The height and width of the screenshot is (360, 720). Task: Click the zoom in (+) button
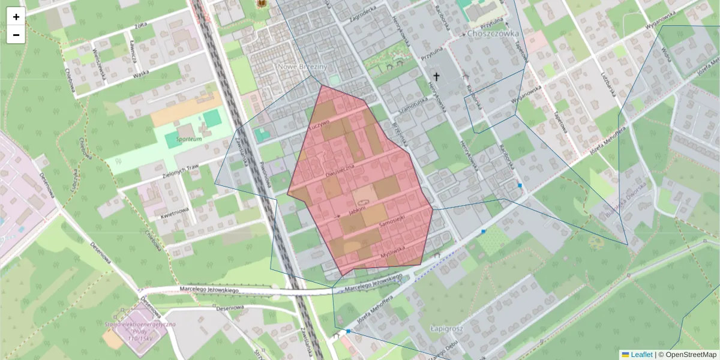[16, 17]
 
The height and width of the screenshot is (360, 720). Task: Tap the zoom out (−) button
[16, 35]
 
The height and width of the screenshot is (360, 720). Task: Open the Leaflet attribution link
[637, 355]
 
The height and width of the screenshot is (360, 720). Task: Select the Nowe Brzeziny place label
[302, 67]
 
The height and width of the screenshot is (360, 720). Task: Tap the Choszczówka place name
[495, 34]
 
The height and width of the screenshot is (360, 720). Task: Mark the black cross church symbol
[436, 77]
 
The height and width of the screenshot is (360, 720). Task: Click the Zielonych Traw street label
[176, 170]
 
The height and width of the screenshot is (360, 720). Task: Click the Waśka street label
[140, 74]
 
